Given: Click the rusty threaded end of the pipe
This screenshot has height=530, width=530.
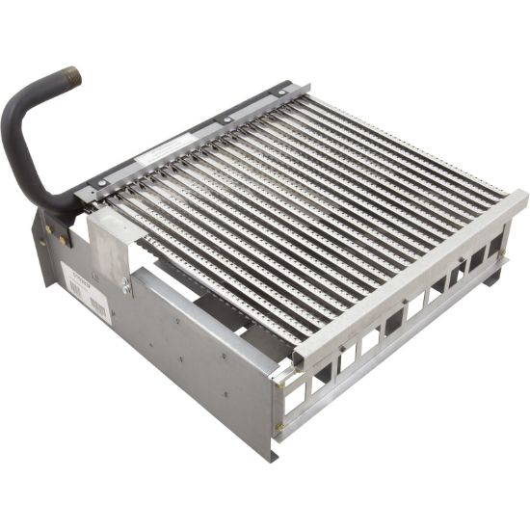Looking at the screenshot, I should click(x=70, y=76).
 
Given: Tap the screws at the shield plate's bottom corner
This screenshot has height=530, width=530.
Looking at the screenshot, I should click(x=125, y=285).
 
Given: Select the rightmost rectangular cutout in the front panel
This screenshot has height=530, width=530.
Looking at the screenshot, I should click(x=494, y=245).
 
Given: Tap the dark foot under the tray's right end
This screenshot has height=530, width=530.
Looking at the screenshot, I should click(x=493, y=277).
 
